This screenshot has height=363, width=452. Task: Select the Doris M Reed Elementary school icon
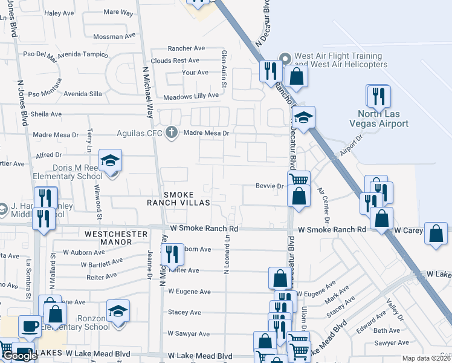tap(111, 161)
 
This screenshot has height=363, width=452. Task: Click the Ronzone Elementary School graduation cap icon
tap(118, 312)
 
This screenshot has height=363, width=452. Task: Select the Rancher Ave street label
tap(187, 48)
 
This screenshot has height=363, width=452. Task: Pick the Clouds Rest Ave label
tap(175, 60)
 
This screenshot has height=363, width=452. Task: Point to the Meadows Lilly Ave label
tap(191, 96)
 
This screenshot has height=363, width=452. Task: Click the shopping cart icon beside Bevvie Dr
tap(299, 179)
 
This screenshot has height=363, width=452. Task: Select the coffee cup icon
tap(30, 327)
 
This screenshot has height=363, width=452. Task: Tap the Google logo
tap(20, 356)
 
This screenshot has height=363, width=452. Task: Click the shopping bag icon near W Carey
tap(436, 234)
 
